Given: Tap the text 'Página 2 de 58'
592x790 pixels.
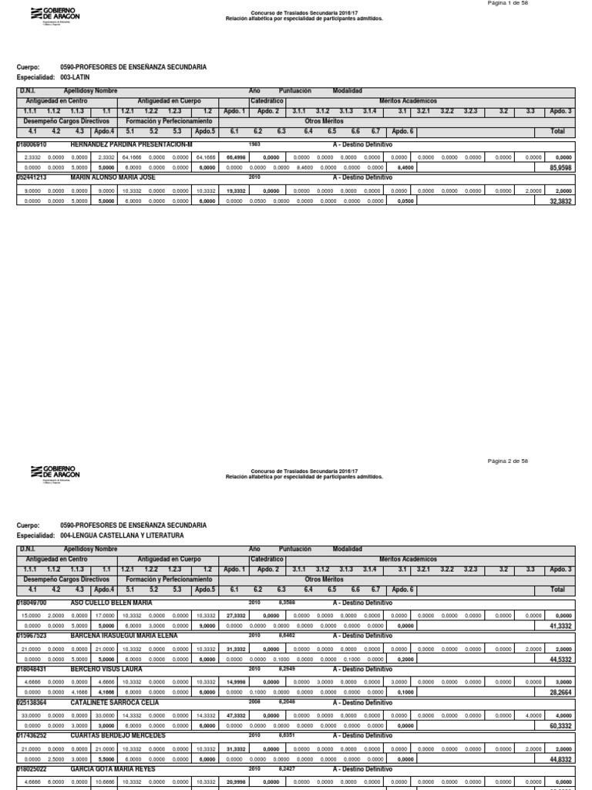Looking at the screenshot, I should pyautogui.click(x=508, y=461).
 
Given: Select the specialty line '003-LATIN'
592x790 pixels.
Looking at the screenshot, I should pyautogui.click(x=75, y=78).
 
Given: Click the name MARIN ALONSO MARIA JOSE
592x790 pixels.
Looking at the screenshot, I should pyautogui.click(x=113, y=177).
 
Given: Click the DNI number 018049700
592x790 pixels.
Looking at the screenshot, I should pyautogui.click(x=32, y=602).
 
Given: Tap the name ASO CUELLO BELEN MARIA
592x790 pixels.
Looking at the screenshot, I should pyautogui.click(x=111, y=602).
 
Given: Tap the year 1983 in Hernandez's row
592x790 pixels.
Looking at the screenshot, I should pyautogui.click(x=255, y=144).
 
